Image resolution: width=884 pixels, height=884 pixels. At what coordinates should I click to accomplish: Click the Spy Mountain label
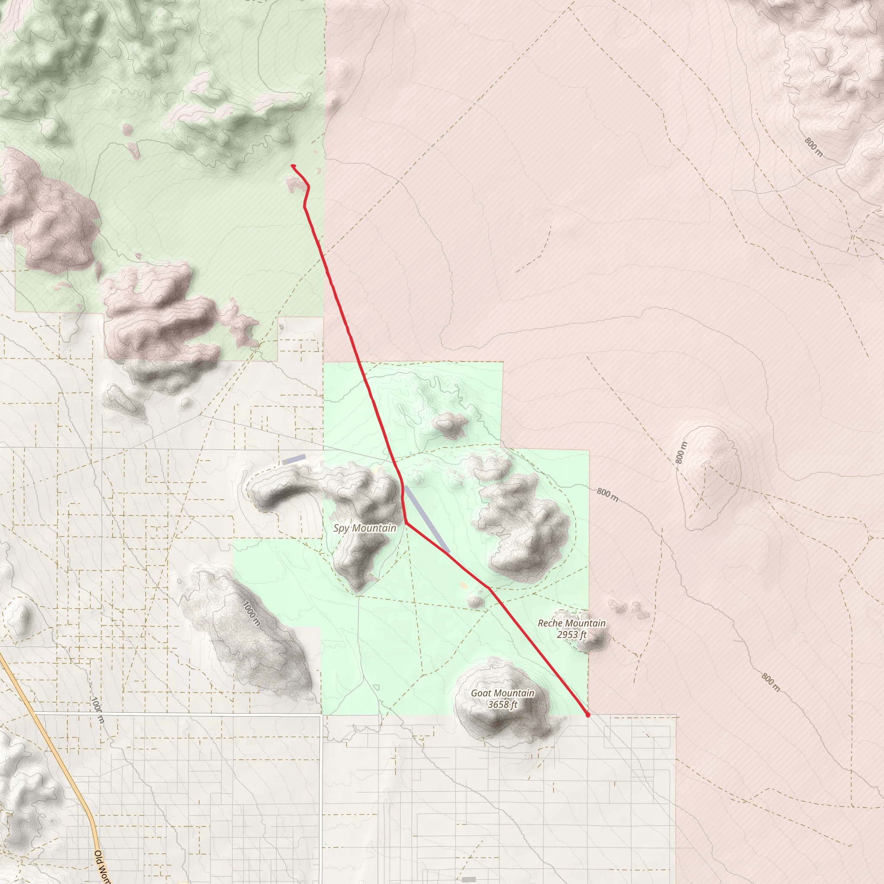tap(365, 528)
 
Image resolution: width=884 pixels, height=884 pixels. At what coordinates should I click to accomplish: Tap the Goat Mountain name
tap(502, 693)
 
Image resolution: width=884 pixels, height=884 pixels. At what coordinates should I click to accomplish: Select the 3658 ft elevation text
tap(502, 704)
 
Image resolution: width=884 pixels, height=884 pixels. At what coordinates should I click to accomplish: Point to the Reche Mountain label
tap(571, 623)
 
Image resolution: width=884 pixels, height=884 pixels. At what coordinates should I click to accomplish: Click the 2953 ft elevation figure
tap(571, 635)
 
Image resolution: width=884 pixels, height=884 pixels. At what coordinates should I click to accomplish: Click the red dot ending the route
tap(587, 715)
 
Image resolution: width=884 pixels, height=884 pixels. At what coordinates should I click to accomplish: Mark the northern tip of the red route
tap(292, 166)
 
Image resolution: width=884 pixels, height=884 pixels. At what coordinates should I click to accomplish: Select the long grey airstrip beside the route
tap(426, 519)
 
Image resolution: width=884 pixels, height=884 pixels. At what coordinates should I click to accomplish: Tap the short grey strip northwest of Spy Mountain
tap(294, 459)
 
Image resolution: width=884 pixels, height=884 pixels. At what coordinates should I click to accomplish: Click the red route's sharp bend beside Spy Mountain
tap(406, 523)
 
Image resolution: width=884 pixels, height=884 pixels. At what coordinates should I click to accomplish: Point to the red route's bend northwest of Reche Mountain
tap(489, 588)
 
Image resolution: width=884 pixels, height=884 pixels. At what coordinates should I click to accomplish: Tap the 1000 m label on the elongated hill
tap(252, 613)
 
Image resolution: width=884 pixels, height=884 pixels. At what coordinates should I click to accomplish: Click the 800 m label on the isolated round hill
tap(681, 452)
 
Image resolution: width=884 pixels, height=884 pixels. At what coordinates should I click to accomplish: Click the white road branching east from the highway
tap(183, 714)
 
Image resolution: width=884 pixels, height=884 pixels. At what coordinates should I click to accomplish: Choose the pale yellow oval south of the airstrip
tap(464, 585)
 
